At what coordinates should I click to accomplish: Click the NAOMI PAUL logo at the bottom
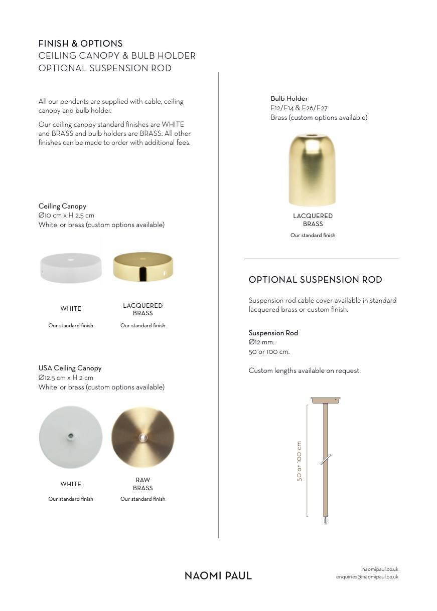pos(218,575)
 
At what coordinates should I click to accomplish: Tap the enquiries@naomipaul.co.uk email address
pos(367,577)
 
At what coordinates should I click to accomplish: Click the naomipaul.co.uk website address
pos(380,569)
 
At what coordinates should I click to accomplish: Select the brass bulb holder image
pos(312,169)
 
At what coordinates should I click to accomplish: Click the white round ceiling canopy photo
pos(71,267)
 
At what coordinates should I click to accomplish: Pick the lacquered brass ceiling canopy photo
pos(143,266)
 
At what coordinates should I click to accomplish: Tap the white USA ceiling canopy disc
pos(71,437)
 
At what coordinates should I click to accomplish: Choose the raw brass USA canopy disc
pos(143,437)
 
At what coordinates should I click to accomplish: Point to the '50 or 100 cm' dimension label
pos(300,461)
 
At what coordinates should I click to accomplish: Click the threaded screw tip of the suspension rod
pos(326,521)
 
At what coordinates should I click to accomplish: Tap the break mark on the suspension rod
pos(326,459)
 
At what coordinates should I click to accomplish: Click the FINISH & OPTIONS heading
pos(80,44)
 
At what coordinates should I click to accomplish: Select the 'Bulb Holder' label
pos(289,99)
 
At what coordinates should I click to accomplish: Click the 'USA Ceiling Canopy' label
pos(70,368)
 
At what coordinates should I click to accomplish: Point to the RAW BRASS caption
pos(143,484)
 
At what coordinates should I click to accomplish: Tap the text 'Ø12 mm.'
pos(261,342)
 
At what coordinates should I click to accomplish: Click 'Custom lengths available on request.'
pos(305,371)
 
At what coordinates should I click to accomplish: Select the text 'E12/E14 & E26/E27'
pos(299,108)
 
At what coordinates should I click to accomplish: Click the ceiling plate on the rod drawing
pos(325,400)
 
